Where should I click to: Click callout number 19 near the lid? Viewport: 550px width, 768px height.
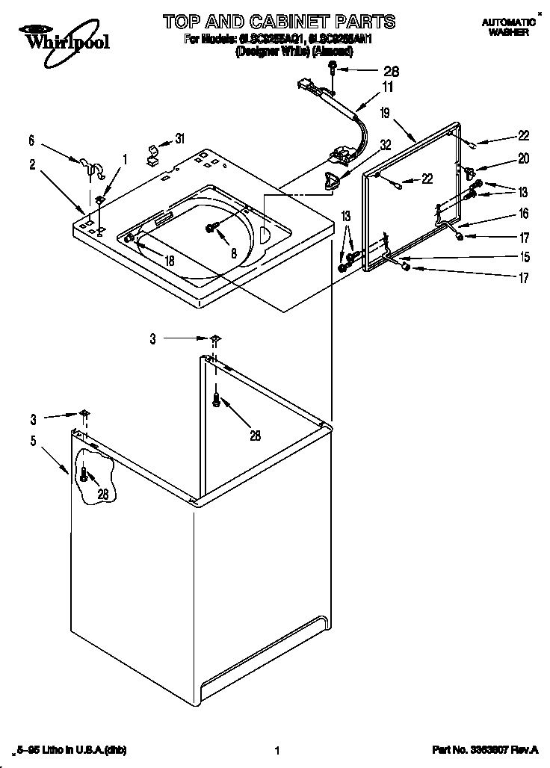385,114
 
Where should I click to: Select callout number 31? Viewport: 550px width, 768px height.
179,138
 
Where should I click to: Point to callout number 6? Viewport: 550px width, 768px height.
31,140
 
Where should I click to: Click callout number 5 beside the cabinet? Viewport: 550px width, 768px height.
33,441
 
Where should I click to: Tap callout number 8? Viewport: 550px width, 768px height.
234,254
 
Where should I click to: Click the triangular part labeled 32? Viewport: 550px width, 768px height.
331,179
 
